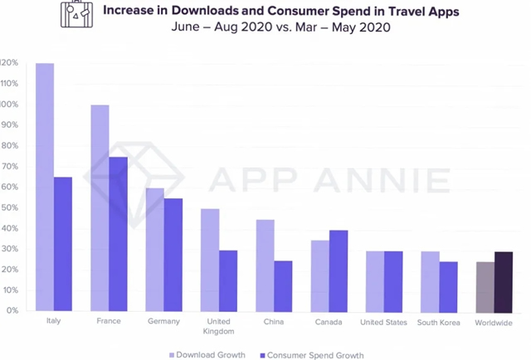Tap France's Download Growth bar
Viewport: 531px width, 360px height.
tap(100, 207)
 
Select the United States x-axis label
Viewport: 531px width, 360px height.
tap(384, 321)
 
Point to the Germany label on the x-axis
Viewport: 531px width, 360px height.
tap(164, 321)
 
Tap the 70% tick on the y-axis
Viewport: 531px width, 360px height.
tap(9, 167)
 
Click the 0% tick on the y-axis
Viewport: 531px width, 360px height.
tap(11, 311)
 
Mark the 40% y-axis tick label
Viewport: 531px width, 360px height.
tap(9, 229)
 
